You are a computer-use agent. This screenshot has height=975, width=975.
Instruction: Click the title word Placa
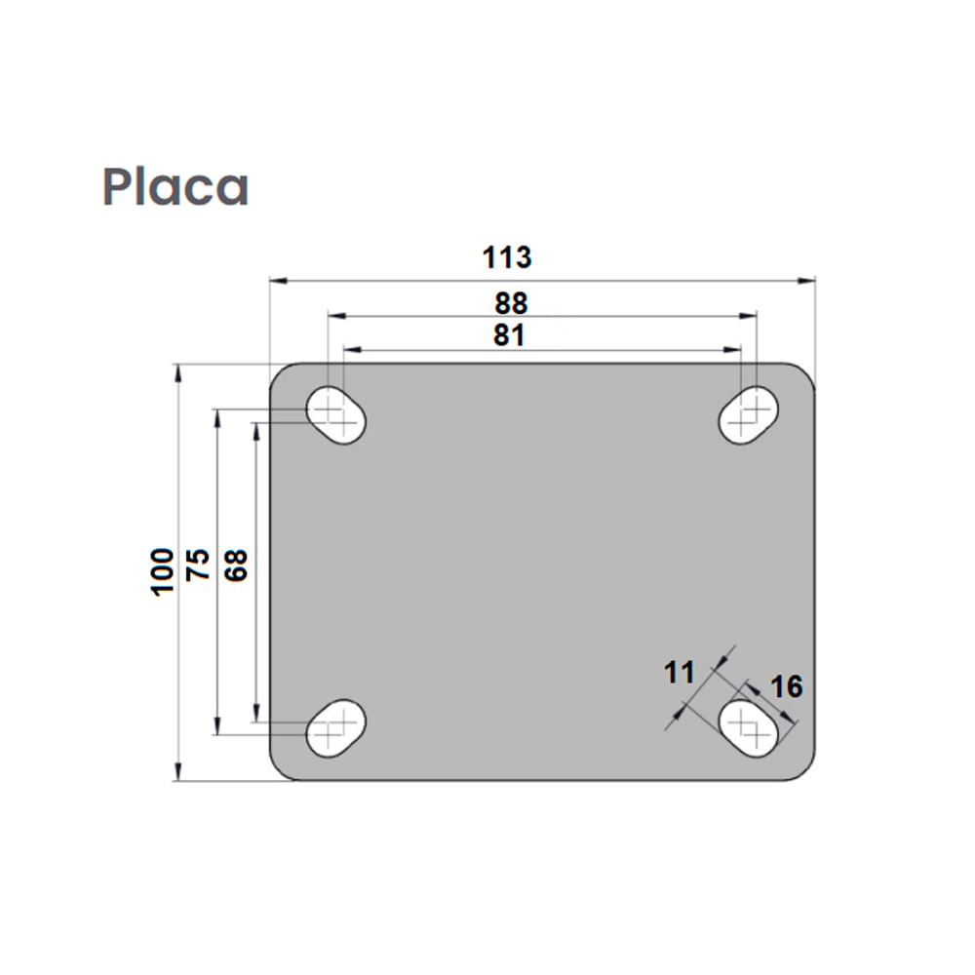[x=176, y=186]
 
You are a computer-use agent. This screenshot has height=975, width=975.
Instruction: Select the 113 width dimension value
[x=507, y=257]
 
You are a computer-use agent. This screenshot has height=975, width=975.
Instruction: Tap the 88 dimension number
[x=511, y=302]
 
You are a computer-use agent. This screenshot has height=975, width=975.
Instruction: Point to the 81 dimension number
[x=509, y=335]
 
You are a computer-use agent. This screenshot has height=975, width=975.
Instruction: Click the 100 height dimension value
[x=162, y=571]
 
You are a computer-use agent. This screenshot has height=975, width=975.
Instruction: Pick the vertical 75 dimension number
[x=199, y=565]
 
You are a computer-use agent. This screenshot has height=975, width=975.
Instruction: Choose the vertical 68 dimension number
[x=237, y=565]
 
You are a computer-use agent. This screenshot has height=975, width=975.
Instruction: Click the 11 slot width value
[x=679, y=672]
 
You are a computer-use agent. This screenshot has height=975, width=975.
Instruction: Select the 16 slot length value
[x=786, y=687]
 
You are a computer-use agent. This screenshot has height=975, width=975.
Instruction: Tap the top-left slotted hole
[x=336, y=416]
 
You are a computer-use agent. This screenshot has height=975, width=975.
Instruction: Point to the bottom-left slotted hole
[x=335, y=727]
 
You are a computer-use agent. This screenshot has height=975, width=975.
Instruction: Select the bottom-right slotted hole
[x=749, y=727]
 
